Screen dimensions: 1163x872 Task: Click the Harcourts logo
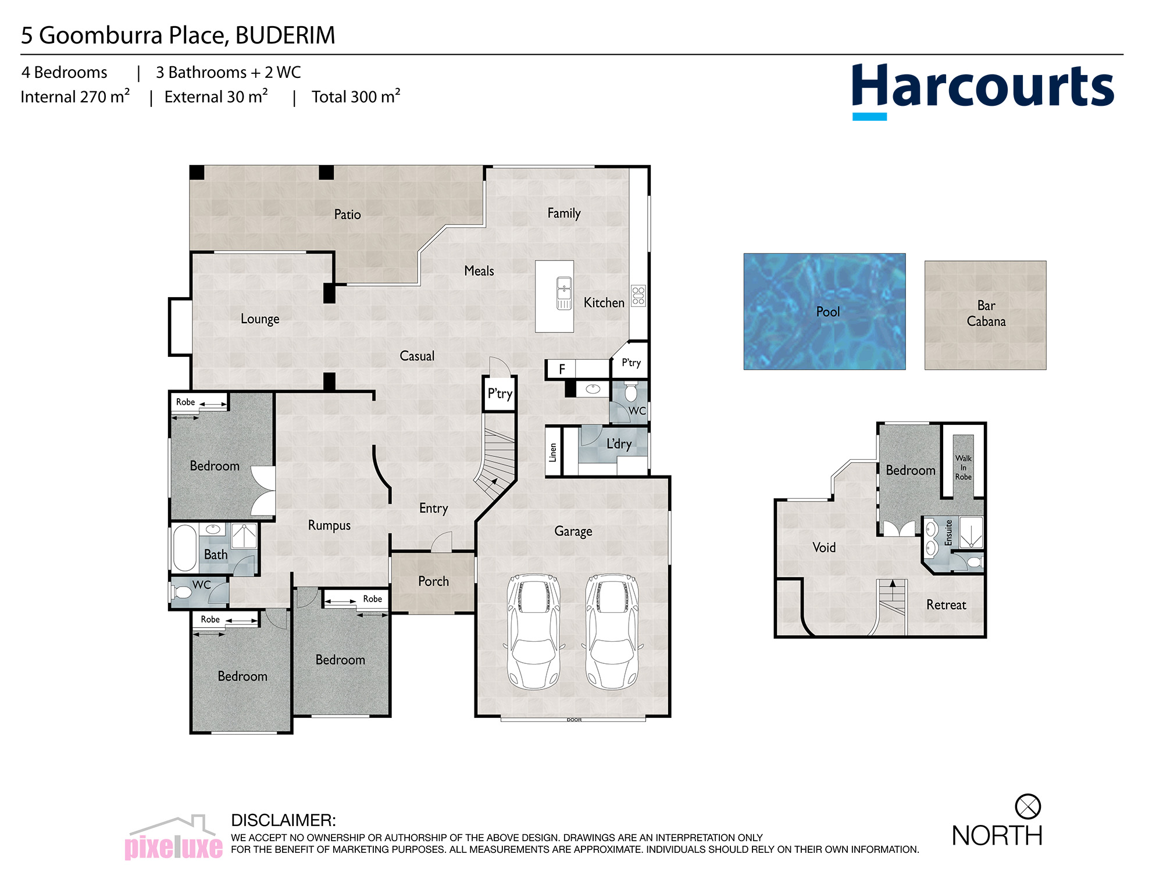coord(983,91)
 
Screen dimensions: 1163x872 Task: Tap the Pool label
coord(827,312)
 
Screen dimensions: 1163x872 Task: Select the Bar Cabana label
coord(986,313)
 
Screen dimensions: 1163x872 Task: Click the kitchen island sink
coord(564,293)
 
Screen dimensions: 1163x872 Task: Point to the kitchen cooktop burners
coord(638,295)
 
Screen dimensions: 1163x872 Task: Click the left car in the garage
coord(534,631)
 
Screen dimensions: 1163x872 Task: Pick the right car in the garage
coord(612,631)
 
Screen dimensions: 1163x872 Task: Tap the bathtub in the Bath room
coord(185,548)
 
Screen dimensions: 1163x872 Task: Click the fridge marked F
coord(562,369)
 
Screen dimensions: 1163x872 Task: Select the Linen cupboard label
coord(553,452)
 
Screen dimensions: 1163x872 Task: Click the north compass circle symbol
coord(1028,806)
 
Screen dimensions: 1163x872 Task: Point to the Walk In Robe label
coord(963,467)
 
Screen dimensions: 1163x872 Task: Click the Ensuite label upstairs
coord(948,533)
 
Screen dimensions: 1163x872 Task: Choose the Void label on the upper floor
coord(824,547)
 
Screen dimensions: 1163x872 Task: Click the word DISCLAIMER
coord(283,820)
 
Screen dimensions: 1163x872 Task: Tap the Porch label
coord(433,581)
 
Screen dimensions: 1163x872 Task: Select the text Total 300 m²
coord(356,96)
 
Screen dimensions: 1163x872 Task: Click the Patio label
coord(347,215)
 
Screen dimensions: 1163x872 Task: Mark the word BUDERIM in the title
coord(285,35)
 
